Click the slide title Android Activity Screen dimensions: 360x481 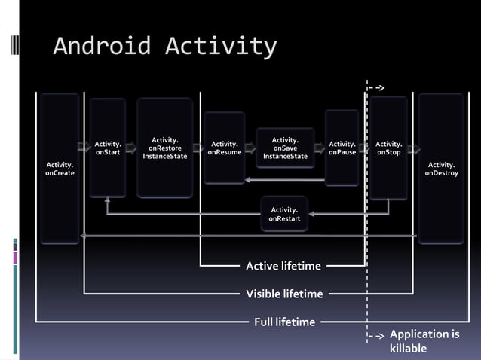pyautogui.click(x=164, y=47)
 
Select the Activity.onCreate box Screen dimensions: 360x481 pyautogui.click(x=60, y=169)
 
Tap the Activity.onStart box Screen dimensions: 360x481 pyautogui.click(x=108, y=148)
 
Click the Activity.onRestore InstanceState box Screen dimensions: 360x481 pyautogui.click(x=164, y=148)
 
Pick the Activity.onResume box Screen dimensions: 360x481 pyautogui.click(x=225, y=148)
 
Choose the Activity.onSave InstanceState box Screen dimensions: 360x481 pyautogui.click(x=284, y=148)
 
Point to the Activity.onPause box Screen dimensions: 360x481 pyautogui.click(x=342, y=148)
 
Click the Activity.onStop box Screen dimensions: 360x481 pyautogui.click(x=388, y=148)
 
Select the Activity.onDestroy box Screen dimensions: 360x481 pyautogui.click(x=441, y=169)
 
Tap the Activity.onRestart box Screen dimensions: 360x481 pyautogui.click(x=284, y=214)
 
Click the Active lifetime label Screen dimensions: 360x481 pyautogui.click(x=283, y=266)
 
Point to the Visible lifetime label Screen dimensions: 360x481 pyautogui.click(x=284, y=294)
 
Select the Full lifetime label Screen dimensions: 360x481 pyautogui.click(x=284, y=322)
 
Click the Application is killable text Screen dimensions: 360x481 pyautogui.click(x=424, y=341)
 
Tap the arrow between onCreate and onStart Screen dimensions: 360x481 pyautogui.click(x=83, y=148)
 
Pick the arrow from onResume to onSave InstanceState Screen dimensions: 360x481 pyautogui.click(x=250, y=148)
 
